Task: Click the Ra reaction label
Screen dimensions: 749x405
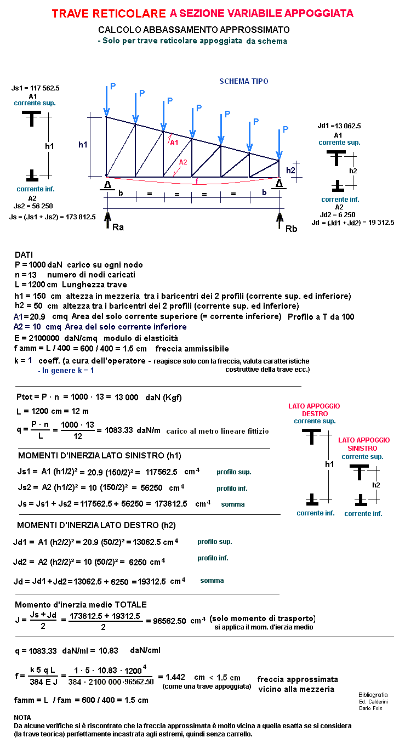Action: pos(118,227)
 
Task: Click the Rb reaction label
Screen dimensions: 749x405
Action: pos(291,228)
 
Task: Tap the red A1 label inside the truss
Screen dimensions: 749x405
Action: pos(174,142)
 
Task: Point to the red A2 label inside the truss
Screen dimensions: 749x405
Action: pos(183,162)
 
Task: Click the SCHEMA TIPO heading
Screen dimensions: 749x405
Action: pos(244,81)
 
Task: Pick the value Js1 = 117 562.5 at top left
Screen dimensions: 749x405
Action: pos(35,88)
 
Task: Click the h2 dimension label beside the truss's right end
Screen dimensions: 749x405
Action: pos(290,171)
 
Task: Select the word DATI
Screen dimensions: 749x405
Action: pos(24,255)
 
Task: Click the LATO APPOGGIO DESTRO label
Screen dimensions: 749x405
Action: pos(314,410)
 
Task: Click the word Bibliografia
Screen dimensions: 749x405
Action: pos(373,695)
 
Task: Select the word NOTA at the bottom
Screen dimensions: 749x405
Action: pos(22,717)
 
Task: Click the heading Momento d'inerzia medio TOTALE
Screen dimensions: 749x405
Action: pos(81,604)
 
